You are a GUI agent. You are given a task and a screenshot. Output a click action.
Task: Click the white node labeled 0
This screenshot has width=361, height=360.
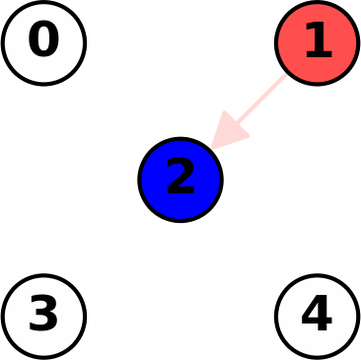click(x=43, y=43)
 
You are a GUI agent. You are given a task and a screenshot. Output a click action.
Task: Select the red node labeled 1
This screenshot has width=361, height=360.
click(x=317, y=43)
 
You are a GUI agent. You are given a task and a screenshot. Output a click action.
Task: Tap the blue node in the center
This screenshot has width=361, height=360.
click(x=180, y=180)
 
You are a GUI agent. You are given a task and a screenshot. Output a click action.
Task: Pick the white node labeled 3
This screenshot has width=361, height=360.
click(x=43, y=316)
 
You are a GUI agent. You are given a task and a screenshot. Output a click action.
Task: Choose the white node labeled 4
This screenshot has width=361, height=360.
click(x=317, y=316)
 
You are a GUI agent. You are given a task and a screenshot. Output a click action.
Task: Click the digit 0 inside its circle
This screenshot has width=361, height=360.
click(x=43, y=41)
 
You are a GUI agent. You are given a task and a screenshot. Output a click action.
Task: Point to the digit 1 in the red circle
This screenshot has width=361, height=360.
click(x=317, y=41)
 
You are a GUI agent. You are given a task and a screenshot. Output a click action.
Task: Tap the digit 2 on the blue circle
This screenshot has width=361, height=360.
click(x=180, y=179)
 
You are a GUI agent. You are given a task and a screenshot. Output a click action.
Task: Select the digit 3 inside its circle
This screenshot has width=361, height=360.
click(x=43, y=315)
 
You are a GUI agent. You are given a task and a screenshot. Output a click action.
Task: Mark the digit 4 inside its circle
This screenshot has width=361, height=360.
click(x=317, y=315)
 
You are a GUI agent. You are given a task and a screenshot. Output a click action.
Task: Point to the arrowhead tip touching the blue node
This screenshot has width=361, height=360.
click(x=212, y=149)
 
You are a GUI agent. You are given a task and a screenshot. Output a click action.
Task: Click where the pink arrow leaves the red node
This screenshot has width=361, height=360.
click(x=287, y=73)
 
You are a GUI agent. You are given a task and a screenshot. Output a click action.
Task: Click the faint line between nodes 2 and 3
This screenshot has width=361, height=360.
click(x=111, y=248)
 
